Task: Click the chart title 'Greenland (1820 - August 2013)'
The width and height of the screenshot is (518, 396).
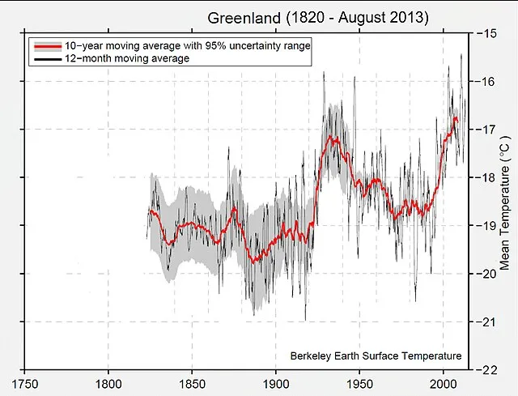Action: click(x=318, y=17)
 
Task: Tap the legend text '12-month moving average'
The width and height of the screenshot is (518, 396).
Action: click(x=126, y=59)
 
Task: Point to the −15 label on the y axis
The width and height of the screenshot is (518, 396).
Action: click(x=486, y=33)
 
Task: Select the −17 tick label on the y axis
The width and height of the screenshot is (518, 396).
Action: click(x=486, y=130)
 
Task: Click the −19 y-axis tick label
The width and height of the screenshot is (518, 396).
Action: click(x=486, y=226)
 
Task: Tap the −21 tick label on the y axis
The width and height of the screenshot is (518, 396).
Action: click(x=486, y=321)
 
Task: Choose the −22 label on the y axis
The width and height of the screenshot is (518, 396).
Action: click(x=486, y=369)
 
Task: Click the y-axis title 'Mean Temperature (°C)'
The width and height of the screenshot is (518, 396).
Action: click(x=506, y=202)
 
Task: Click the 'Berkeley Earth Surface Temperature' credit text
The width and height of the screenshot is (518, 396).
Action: click(x=376, y=356)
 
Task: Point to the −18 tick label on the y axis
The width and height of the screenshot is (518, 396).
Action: click(x=486, y=177)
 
